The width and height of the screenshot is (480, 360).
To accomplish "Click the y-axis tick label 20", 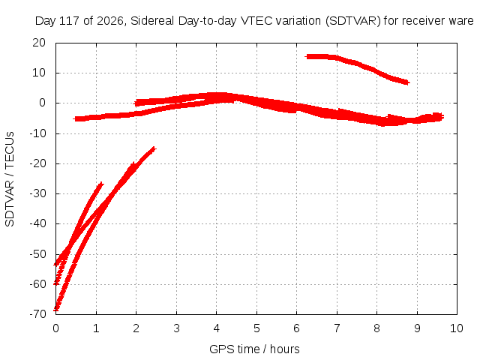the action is tap(39, 43).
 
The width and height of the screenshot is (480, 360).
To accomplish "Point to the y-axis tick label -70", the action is tap(37, 313).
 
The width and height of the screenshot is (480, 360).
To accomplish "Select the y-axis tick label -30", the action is tap(37, 193).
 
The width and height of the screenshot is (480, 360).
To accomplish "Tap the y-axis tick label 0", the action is tap(42, 103).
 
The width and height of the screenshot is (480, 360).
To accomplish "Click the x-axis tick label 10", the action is tap(457, 328).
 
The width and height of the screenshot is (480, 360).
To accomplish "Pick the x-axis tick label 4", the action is tap(217, 328).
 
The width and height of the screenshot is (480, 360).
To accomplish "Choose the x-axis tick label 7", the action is tap(337, 328).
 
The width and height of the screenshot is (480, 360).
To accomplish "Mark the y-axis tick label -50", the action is tap(37, 254).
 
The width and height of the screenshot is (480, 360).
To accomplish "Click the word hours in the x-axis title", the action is tap(285, 349).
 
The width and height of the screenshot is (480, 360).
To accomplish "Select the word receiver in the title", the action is tap(423, 21).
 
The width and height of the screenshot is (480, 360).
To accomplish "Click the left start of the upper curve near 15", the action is tap(307, 57).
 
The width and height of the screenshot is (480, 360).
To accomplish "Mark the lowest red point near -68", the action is tap(55, 310).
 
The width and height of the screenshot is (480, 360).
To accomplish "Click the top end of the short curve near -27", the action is tap(101, 184).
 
